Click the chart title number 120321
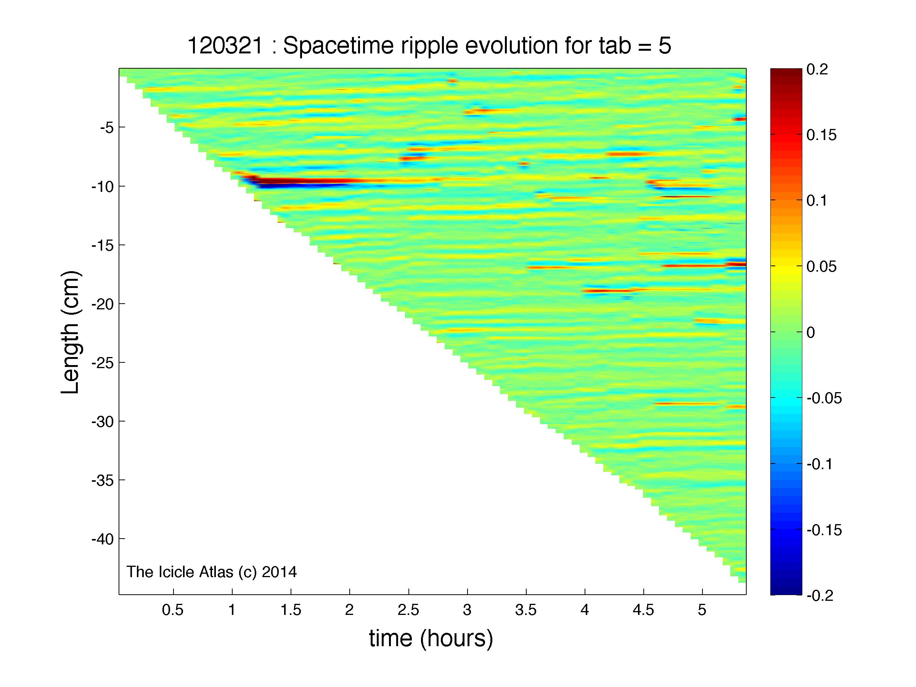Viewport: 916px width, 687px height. pos(225,45)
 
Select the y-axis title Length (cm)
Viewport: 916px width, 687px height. pos(71,333)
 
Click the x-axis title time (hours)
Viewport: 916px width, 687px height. pos(431,638)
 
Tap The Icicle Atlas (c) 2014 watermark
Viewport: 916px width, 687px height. pos(212,572)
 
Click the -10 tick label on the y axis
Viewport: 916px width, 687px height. pos(103,187)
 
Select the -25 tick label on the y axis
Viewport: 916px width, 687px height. pos(103,363)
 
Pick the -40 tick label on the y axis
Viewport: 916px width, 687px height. pos(103,539)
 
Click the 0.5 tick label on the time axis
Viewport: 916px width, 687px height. pos(173,610)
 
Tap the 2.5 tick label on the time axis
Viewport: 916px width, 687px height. pos(408,610)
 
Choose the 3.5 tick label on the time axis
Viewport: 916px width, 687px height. pos(526,610)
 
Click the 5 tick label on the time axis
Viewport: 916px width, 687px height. pos(702,610)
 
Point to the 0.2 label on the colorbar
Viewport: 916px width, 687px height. pos(817,69)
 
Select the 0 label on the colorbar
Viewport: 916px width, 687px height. pos(811,333)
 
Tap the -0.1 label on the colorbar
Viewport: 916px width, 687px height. pos(820,464)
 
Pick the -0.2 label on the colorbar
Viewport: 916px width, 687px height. pos(820,596)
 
